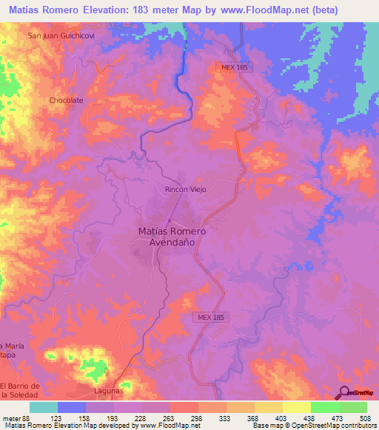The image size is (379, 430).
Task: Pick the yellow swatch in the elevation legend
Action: pyautogui.click(x=296, y=407)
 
